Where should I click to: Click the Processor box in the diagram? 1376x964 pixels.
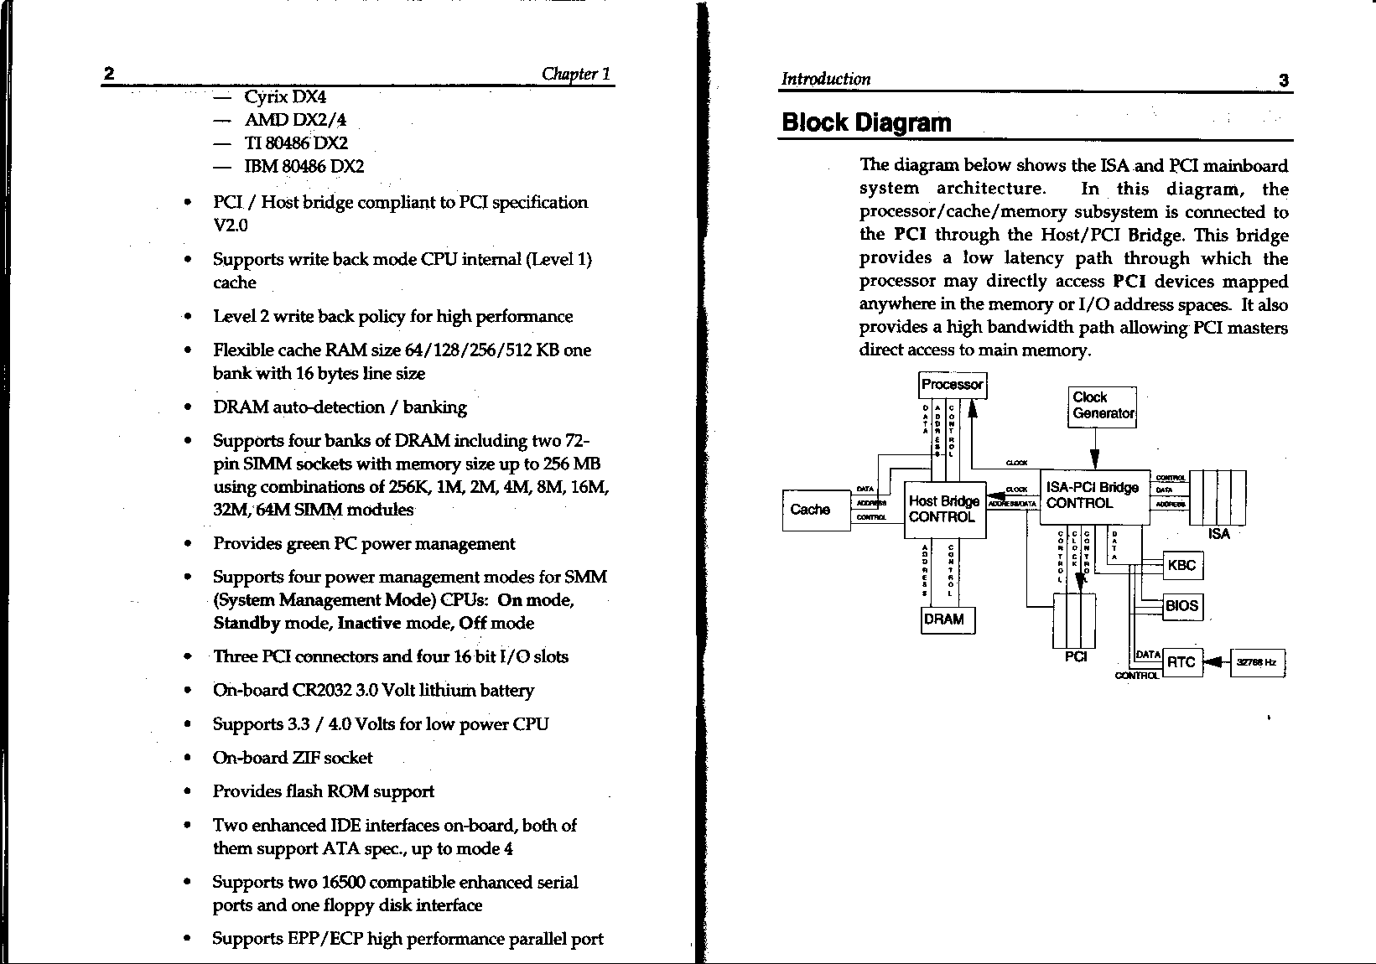click(x=952, y=385)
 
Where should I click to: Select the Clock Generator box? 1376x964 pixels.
click(x=1102, y=407)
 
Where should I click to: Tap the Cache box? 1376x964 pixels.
click(x=810, y=510)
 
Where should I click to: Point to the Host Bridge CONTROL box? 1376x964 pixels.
click(x=943, y=510)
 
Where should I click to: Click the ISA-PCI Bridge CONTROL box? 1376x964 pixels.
click(x=1093, y=496)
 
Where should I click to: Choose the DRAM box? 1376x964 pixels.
click(x=947, y=619)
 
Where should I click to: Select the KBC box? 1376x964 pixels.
click(x=1181, y=565)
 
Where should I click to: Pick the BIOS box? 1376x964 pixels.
click(x=1181, y=606)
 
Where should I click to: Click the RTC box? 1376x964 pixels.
click(x=1181, y=662)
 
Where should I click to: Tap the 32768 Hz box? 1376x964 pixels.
click(x=1256, y=663)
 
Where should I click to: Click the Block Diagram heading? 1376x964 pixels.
click(x=866, y=123)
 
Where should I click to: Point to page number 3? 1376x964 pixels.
click(x=1283, y=81)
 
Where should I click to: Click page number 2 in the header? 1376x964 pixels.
click(x=109, y=74)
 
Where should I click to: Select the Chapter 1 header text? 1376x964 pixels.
click(x=575, y=74)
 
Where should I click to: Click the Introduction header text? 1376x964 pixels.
click(x=826, y=80)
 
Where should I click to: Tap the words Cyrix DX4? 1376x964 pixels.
click(x=284, y=97)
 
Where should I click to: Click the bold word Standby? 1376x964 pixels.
click(x=247, y=624)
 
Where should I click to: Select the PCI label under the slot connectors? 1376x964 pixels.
click(x=1075, y=657)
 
